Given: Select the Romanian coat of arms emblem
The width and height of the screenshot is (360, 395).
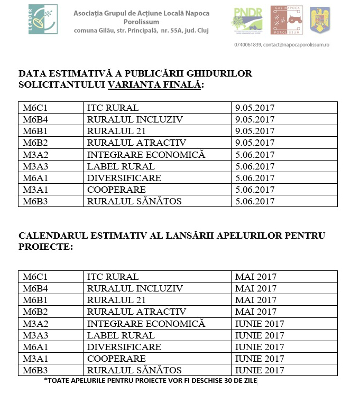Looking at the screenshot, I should pyautogui.click(x=320, y=20).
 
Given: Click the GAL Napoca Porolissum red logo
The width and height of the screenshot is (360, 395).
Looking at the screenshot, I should pyautogui.click(x=287, y=20).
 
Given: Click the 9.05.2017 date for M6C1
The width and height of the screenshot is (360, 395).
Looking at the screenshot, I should pyautogui.click(x=255, y=108).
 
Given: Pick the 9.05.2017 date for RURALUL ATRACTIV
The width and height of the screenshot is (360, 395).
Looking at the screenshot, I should pyautogui.click(x=255, y=143).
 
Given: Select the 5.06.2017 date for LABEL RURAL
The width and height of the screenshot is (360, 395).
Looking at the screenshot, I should pyautogui.click(x=255, y=166).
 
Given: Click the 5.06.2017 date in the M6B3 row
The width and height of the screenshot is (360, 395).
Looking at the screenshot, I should pyautogui.click(x=255, y=201).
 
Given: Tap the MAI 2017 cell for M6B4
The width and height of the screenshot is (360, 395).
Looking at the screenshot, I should pyautogui.click(x=256, y=288).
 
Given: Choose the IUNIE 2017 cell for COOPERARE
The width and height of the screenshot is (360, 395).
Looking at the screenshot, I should pyautogui.click(x=260, y=359).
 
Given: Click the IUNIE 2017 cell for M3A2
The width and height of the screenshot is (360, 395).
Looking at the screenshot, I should pyautogui.click(x=260, y=324).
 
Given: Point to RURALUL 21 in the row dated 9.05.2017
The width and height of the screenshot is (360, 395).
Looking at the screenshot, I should pyautogui.click(x=116, y=131).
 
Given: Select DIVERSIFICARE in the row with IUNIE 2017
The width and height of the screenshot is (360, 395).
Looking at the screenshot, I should pyautogui.click(x=124, y=347).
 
